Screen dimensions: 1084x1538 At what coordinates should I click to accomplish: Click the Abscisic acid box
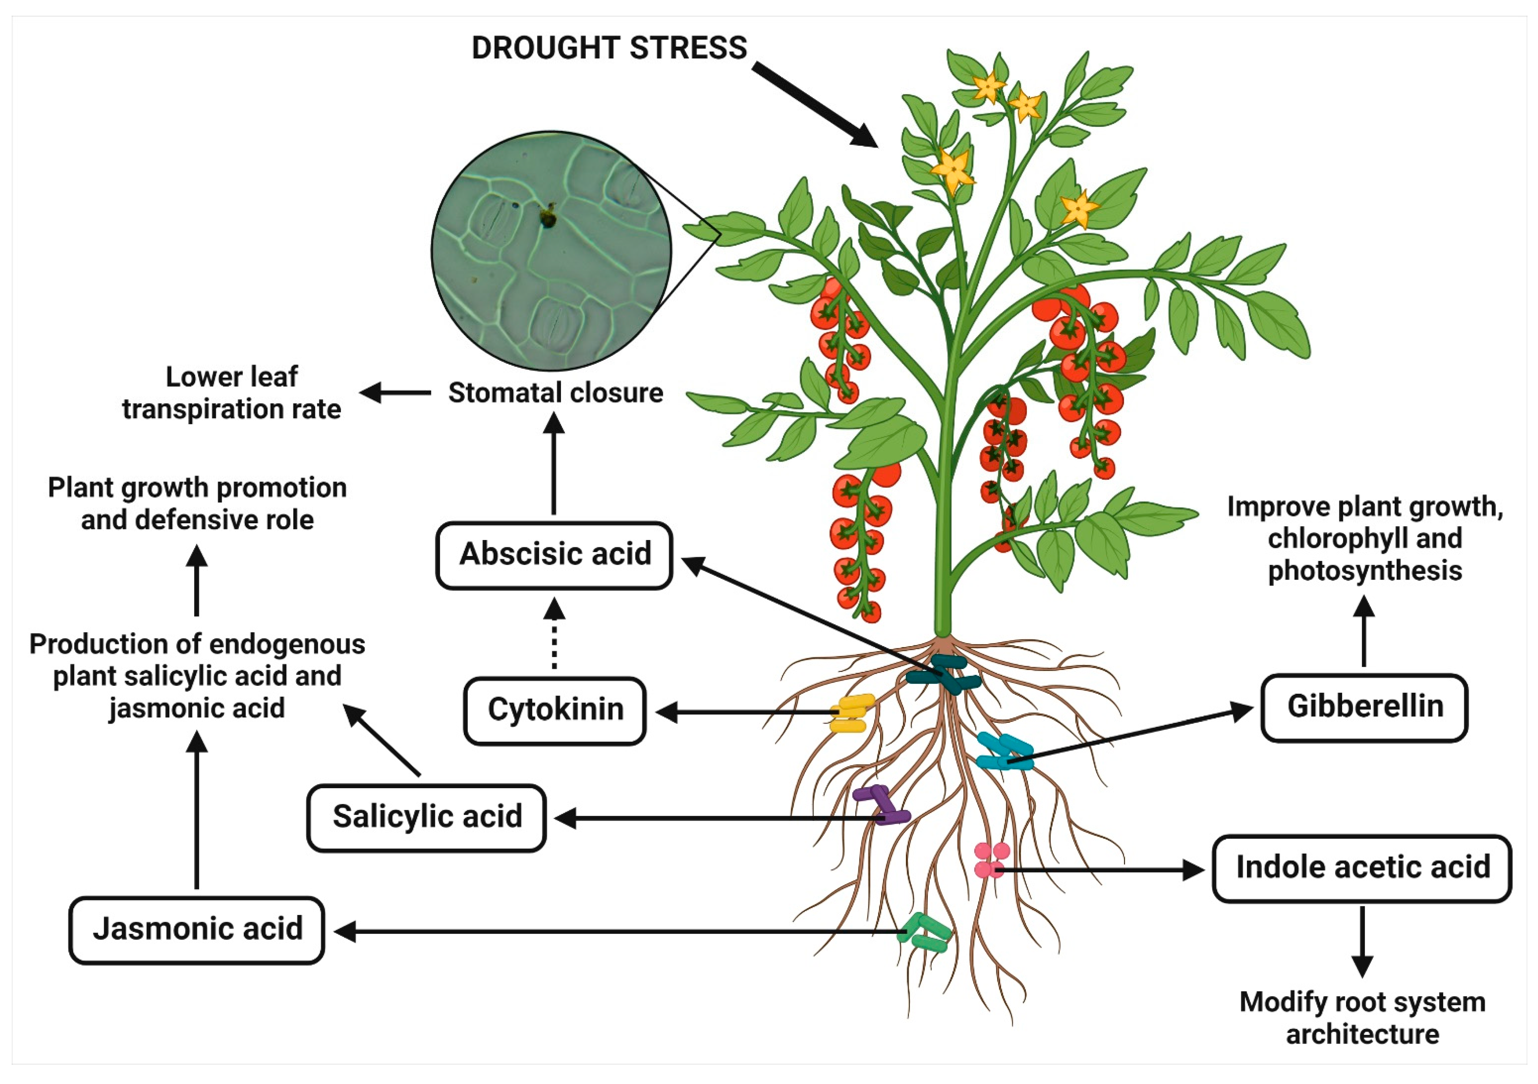554,555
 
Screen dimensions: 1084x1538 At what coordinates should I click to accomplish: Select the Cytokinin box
555,710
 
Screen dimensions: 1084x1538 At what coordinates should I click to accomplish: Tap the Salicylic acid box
427,818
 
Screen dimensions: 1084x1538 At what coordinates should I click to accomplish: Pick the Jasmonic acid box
197,930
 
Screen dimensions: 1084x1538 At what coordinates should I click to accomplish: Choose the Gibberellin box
1365,708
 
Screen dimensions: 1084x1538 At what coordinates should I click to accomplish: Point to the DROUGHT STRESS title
609,48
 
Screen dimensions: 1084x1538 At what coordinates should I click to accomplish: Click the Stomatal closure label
555,393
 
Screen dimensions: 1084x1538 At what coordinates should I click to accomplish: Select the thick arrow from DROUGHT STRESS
814,104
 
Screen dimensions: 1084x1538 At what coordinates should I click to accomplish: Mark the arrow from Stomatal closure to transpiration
395,393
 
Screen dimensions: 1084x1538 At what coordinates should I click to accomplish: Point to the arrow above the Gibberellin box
1365,631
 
